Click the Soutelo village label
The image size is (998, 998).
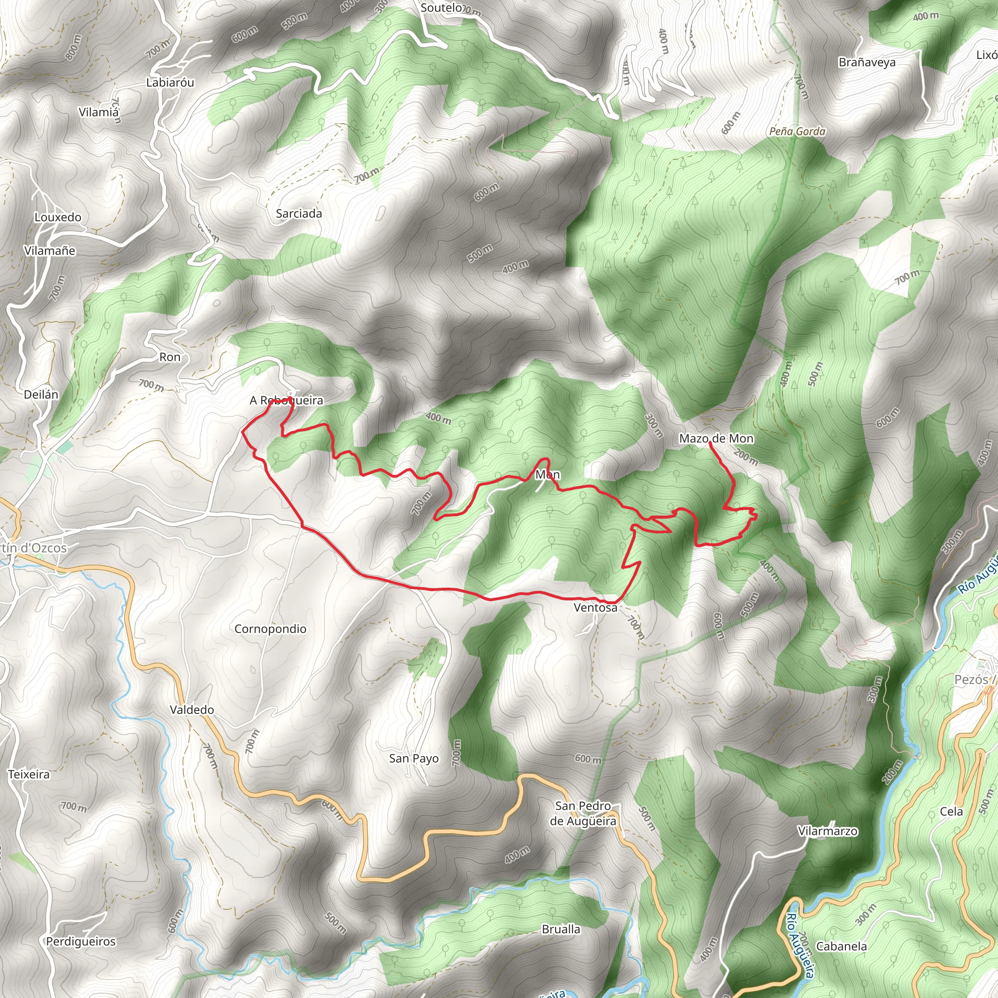(x=441, y=8)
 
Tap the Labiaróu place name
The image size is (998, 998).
(x=170, y=83)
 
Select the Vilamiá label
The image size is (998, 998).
(x=98, y=112)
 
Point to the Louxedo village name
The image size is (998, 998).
(x=58, y=217)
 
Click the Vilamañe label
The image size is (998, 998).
(x=50, y=251)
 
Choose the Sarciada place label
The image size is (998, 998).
(x=299, y=214)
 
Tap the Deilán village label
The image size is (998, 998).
(x=41, y=395)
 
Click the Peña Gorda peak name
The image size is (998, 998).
(x=797, y=132)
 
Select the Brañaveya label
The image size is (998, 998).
(x=867, y=62)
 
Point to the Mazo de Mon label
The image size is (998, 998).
(x=716, y=439)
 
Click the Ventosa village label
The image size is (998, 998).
(x=595, y=608)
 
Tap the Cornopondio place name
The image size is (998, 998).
(x=270, y=629)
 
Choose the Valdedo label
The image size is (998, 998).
(x=192, y=710)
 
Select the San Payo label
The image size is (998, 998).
(x=414, y=758)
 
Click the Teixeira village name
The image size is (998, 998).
(x=29, y=774)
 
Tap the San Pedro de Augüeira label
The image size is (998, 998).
(x=583, y=814)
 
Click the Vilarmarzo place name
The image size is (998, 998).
(x=827, y=831)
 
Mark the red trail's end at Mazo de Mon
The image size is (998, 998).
(x=711, y=443)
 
